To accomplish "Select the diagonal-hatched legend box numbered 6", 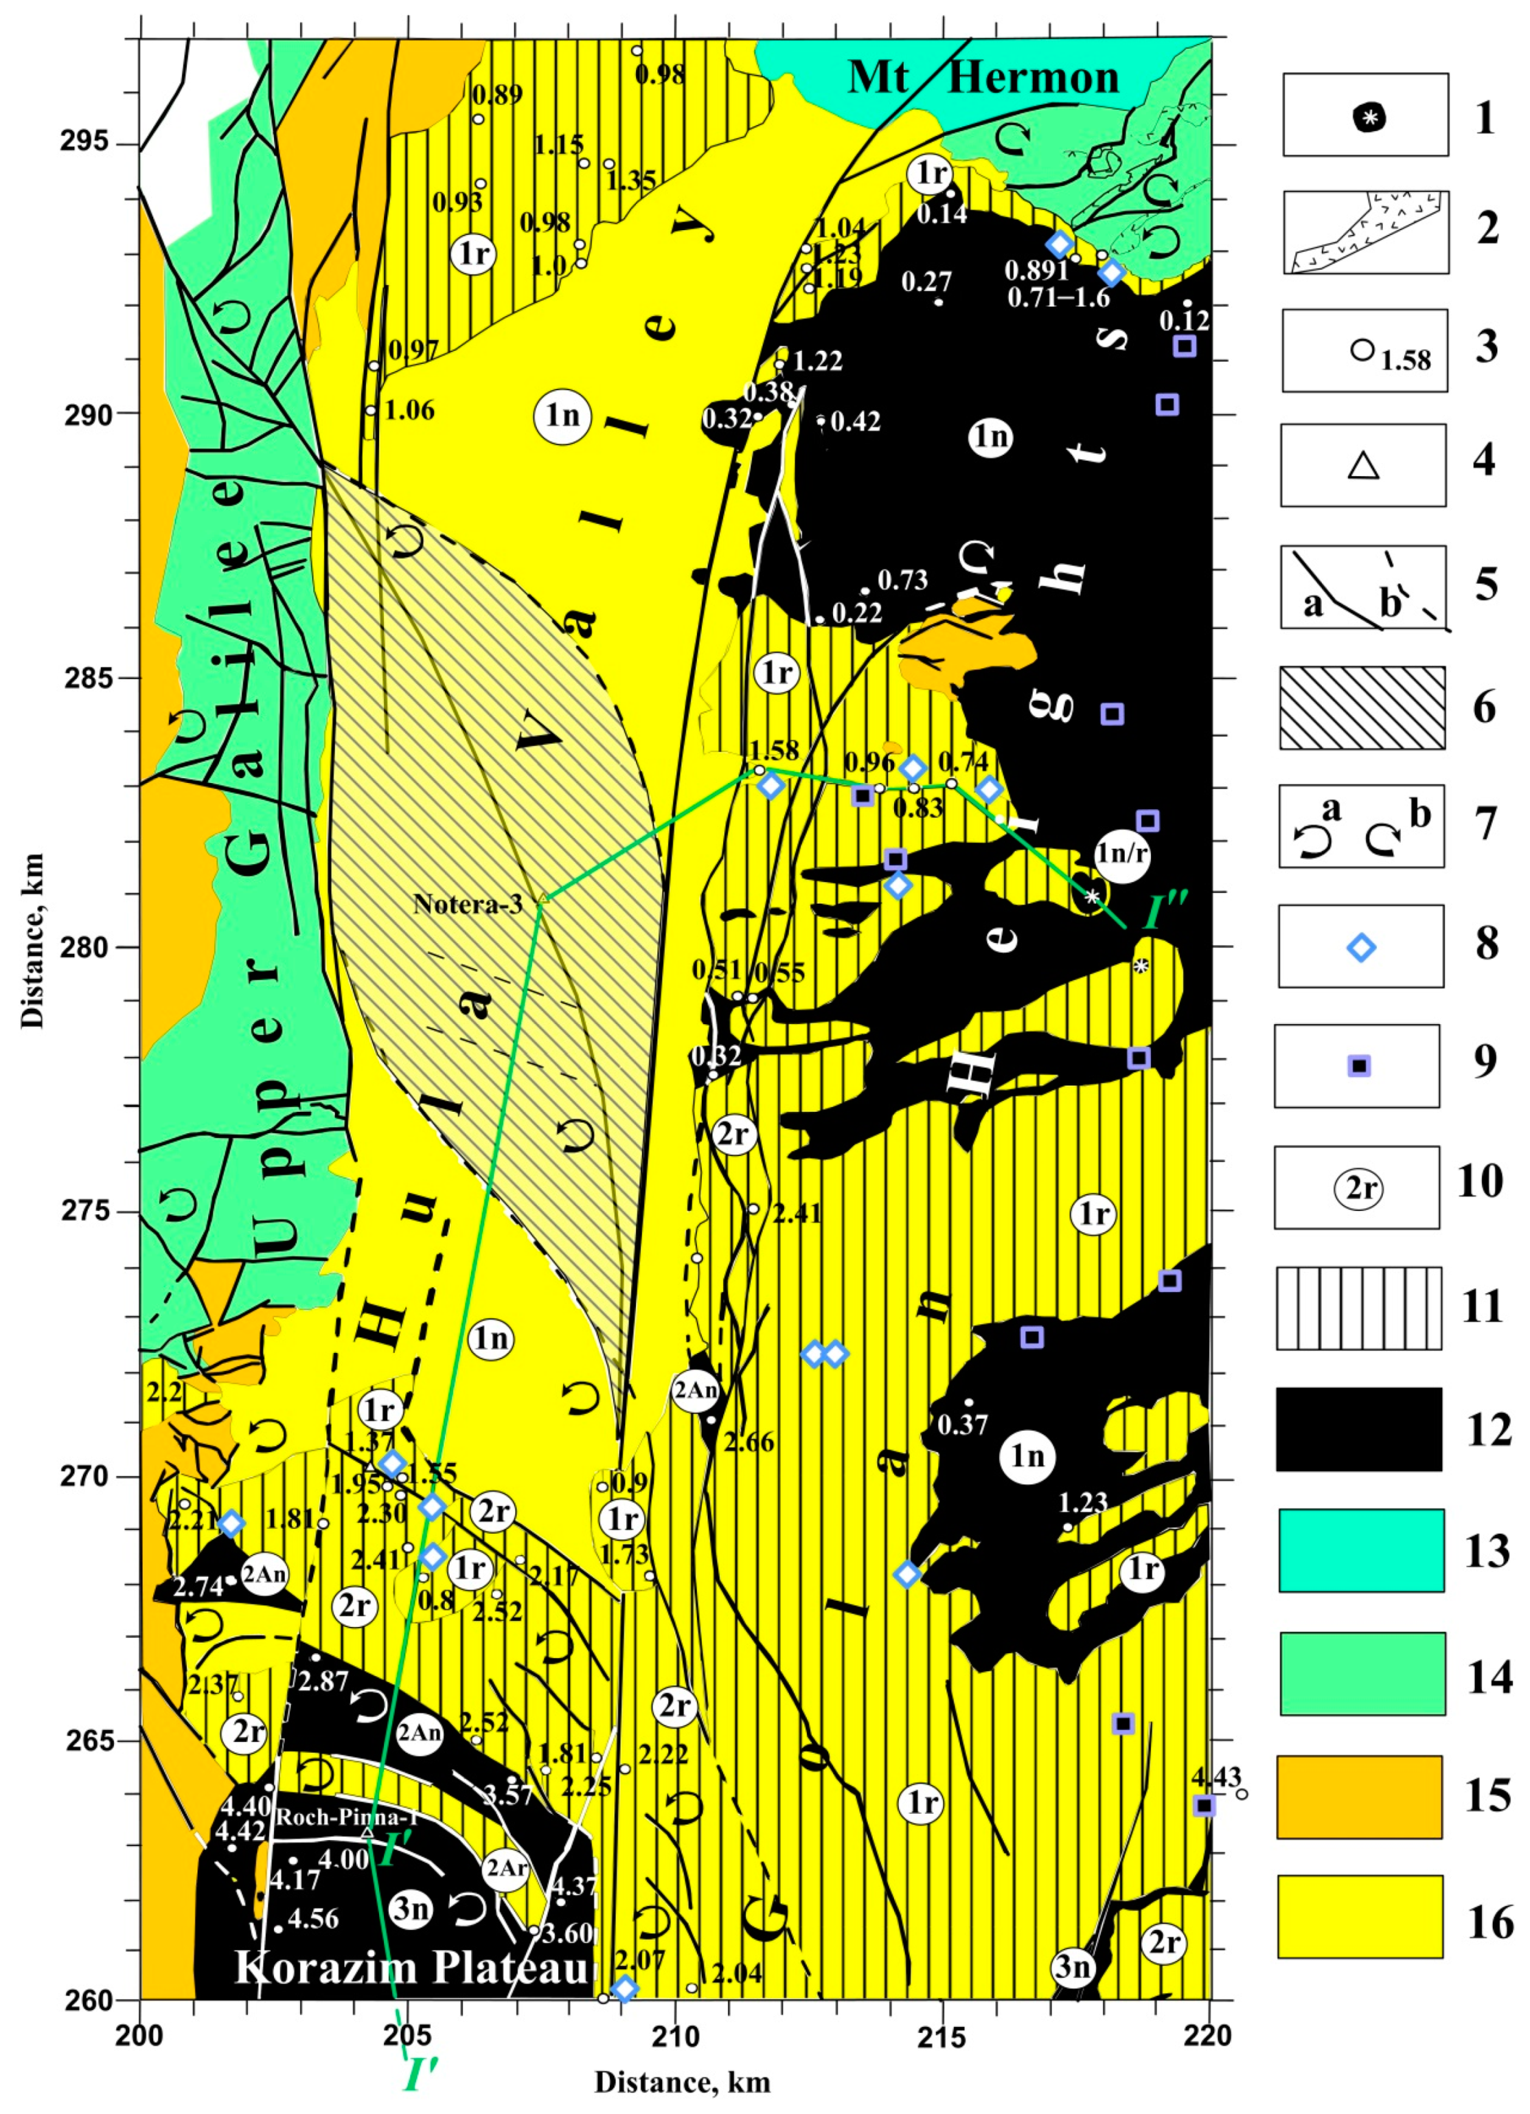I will [x=1361, y=708].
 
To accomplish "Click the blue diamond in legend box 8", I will [x=1361, y=948].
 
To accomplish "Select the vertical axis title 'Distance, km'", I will [x=33, y=941].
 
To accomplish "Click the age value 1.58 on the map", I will [x=774, y=750].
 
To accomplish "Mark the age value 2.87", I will [x=323, y=1682].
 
